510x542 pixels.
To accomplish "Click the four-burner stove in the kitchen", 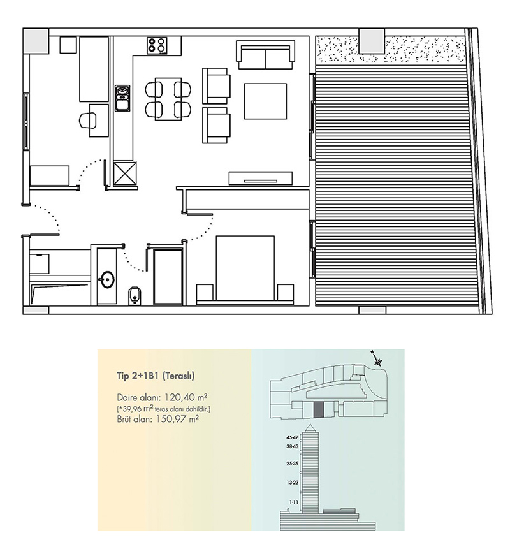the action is [157, 45].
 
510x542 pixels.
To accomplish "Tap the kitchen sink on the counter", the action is [122, 98].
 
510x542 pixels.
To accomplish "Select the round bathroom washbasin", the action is [106, 279].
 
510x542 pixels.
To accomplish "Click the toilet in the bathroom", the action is [135, 295].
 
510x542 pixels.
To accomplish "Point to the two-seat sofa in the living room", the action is [265, 55].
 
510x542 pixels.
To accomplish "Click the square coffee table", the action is [265, 101].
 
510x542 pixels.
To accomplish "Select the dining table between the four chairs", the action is [168, 99].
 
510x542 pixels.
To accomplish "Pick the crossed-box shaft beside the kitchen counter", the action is [125, 173].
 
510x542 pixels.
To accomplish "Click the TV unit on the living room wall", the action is [261, 179].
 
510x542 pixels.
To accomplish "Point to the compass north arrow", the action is [378, 360].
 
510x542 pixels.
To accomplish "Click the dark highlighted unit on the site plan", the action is [319, 409].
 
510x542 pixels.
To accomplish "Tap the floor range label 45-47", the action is [293, 437].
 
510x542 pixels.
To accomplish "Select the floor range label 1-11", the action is [294, 502].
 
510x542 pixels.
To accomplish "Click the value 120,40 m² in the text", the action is [186, 397].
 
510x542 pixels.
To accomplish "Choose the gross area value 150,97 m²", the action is [177, 420].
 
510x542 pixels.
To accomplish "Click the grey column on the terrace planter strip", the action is [372, 41].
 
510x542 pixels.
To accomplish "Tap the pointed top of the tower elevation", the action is [310, 425].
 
